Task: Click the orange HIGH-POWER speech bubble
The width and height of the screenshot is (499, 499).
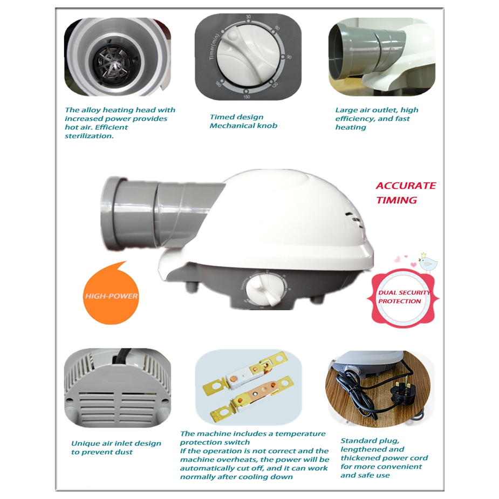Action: point(111,295)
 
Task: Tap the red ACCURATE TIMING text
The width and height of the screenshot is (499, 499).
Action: point(406,193)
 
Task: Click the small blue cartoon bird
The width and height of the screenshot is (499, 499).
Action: point(427,263)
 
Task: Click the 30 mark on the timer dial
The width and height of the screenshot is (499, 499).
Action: point(248,17)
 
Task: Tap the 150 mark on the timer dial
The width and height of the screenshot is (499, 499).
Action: point(247,97)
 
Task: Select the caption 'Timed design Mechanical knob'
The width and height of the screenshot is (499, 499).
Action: point(243,121)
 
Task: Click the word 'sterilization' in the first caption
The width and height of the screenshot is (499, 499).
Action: point(89,136)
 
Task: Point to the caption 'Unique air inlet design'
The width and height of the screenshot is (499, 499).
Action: point(116,443)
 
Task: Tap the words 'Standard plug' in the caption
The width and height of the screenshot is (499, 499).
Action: point(370,441)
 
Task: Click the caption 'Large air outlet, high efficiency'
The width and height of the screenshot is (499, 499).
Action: point(377,114)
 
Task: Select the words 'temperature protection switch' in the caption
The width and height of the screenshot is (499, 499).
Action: point(252,438)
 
